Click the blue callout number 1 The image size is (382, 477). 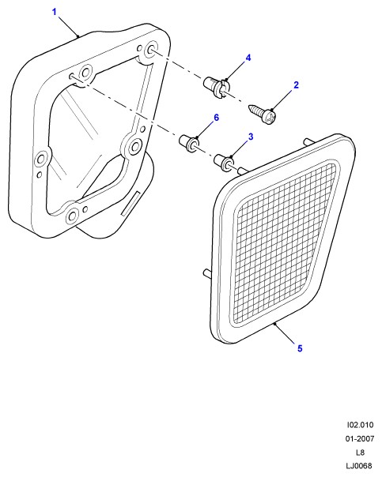(x=55, y=13)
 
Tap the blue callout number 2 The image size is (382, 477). (x=296, y=85)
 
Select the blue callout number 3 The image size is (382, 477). (x=251, y=137)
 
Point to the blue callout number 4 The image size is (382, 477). (x=248, y=58)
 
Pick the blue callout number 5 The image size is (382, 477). (x=300, y=348)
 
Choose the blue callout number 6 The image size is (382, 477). (x=216, y=118)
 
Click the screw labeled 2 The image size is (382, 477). (x=263, y=114)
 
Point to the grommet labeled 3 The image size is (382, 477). (x=224, y=163)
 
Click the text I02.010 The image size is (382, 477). (x=360, y=425)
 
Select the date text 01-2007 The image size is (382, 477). (x=360, y=438)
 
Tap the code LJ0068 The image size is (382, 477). (x=359, y=466)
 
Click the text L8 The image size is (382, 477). (x=360, y=453)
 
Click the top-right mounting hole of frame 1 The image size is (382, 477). (x=151, y=51)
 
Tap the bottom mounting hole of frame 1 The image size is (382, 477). (x=72, y=216)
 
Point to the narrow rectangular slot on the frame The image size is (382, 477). (x=130, y=204)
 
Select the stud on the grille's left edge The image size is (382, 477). (x=207, y=273)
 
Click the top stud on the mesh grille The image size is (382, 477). (x=308, y=142)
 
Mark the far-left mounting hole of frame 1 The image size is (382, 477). (x=40, y=159)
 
